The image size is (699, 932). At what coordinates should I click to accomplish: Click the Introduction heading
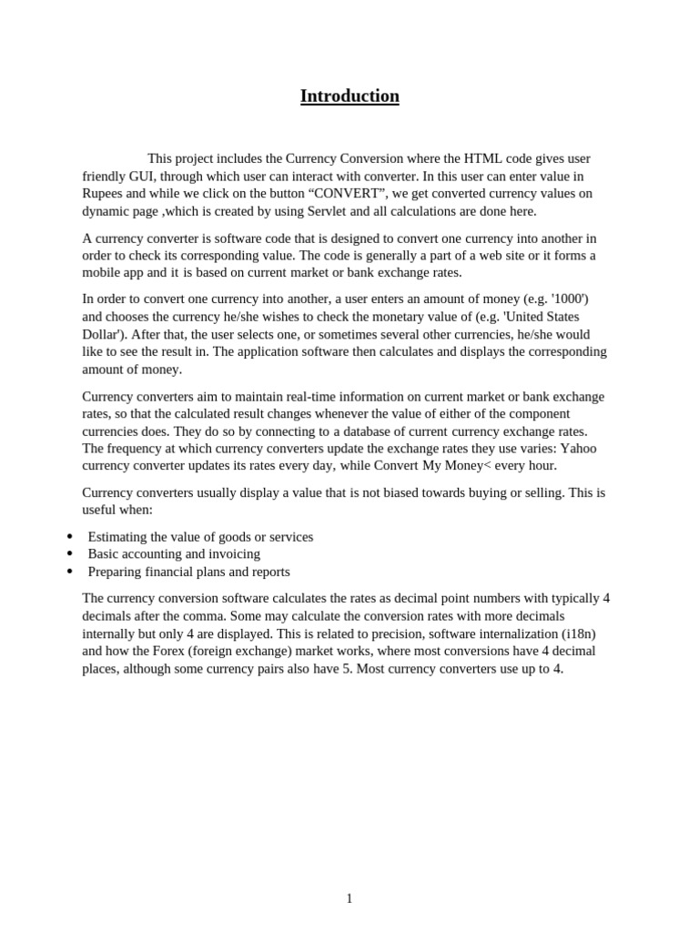click(349, 96)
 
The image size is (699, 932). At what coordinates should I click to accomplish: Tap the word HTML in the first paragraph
click(484, 158)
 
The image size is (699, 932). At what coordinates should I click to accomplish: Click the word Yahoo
click(578, 448)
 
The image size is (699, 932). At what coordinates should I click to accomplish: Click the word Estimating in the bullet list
click(122, 537)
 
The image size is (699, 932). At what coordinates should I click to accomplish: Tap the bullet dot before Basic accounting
click(70, 553)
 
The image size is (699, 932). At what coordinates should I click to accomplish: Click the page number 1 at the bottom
click(349, 898)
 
